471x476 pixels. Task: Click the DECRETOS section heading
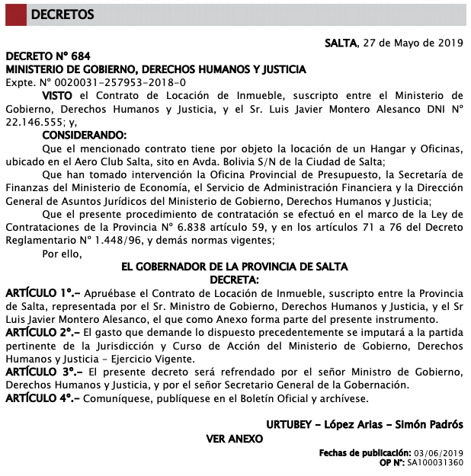[64, 14]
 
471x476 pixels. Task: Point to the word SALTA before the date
[341, 43]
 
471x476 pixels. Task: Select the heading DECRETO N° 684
[48, 56]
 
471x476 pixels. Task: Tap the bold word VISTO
[58, 95]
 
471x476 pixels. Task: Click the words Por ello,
[62, 253]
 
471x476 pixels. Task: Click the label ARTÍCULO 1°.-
[43, 293]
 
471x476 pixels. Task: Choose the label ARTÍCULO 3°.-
[44, 372]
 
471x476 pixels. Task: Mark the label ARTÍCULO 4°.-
[43, 398]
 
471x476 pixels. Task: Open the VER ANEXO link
[235, 439]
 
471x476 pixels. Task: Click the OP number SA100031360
[435, 462]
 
